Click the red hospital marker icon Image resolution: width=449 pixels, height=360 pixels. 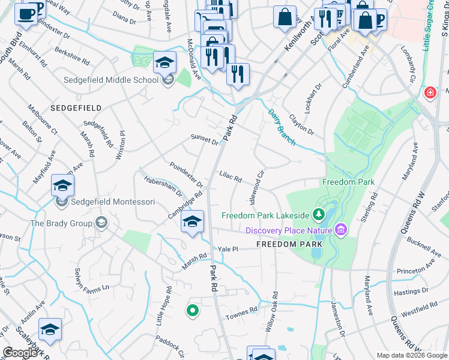[x=430, y=93]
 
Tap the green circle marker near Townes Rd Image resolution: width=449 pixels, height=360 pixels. [x=192, y=311]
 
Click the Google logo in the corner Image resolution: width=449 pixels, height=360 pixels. [x=20, y=353]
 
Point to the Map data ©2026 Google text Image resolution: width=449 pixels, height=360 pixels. [x=412, y=355]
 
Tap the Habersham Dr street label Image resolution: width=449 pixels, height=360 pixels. [x=163, y=187]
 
